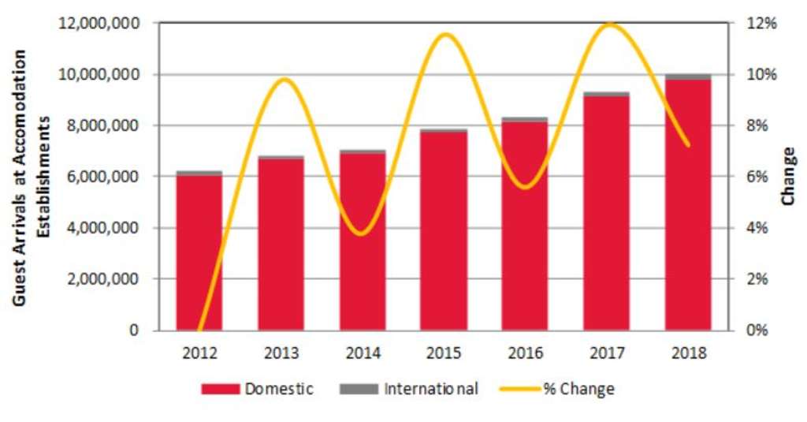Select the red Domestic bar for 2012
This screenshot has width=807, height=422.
(199, 252)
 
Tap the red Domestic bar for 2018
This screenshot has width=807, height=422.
(688, 205)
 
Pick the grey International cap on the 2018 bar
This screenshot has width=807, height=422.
(688, 77)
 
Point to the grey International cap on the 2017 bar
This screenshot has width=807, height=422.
(607, 94)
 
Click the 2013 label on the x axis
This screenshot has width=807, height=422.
(281, 353)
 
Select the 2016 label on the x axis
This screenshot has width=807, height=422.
(525, 353)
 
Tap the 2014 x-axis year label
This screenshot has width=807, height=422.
(362, 353)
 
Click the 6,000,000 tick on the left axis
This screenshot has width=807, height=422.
(103, 177)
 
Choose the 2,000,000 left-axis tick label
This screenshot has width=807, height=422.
(103, 279)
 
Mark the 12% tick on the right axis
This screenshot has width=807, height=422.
(761, 24)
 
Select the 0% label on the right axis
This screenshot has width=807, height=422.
(757, 331)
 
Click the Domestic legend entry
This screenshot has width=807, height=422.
(258, 389)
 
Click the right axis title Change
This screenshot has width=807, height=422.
(788, 176)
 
